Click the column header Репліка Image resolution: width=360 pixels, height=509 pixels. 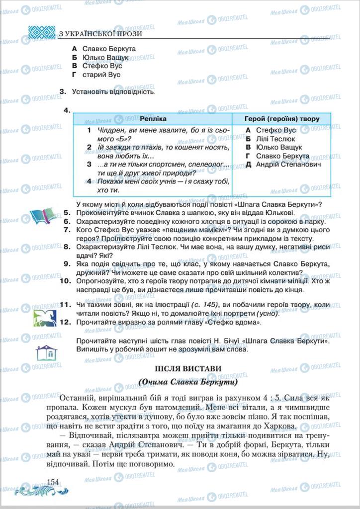point(153,119)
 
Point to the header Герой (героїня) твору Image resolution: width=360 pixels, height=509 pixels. point(282,119)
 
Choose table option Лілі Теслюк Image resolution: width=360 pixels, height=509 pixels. point(271,139)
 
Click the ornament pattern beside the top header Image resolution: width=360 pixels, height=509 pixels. point(41,33)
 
